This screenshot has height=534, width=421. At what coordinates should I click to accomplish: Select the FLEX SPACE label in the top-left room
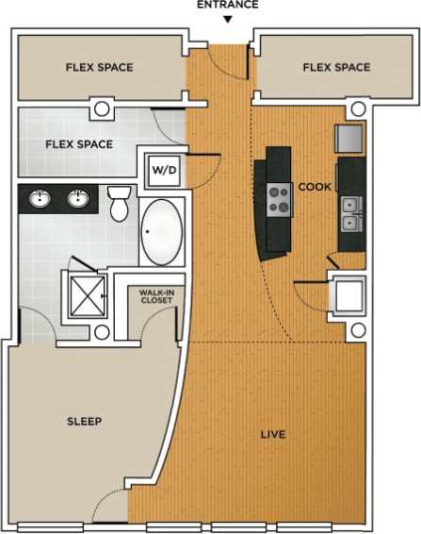[99, 67]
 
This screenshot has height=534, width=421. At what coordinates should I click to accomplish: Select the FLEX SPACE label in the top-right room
[336, 67]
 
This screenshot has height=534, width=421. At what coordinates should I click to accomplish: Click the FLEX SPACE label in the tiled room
[79, 144]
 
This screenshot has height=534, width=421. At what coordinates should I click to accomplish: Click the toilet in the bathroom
[119, 203]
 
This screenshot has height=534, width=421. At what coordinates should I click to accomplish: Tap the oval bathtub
[163, 232]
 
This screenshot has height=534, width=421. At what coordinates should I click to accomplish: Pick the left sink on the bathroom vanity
[40, 199]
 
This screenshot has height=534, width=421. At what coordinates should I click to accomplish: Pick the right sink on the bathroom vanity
[79, 199]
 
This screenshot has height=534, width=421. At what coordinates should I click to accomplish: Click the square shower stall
[84, 296]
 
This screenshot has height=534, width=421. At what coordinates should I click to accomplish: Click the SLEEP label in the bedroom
[84, 421]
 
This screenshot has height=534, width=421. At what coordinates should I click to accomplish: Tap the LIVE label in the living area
[273, 435]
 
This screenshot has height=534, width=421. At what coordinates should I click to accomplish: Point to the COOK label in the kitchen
[315, 187]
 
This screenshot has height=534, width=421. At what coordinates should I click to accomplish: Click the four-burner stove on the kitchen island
[280, 199]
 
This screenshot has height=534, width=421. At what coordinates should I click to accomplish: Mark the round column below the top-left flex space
[101, 108]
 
